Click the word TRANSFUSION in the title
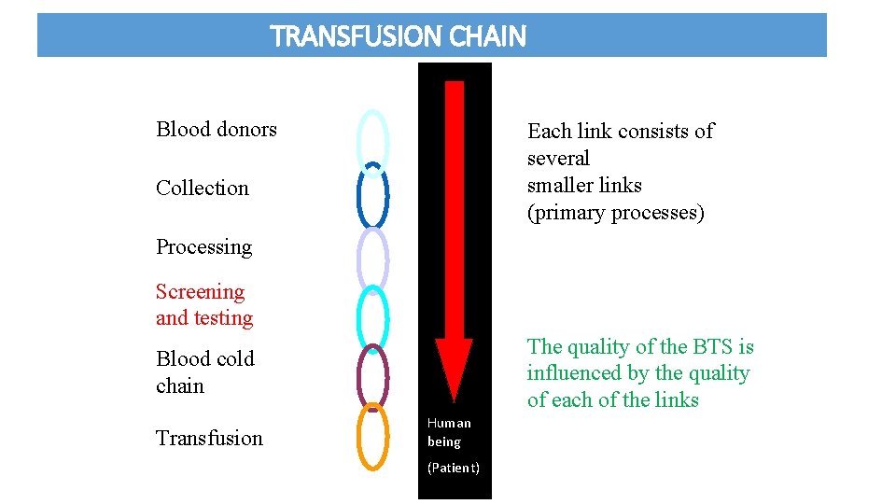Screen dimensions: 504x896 point(356,36)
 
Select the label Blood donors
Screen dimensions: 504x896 point(217,129)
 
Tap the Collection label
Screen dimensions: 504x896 point(203,188)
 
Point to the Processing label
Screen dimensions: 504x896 point(203,246)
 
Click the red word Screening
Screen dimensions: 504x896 point(200,292)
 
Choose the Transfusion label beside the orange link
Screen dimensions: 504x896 point(209,438)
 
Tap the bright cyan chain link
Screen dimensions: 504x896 point(360,317)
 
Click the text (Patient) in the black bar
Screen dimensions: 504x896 point(454,468)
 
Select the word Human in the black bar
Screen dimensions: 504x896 point(449,423)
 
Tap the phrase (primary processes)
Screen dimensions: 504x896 point(616,213)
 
